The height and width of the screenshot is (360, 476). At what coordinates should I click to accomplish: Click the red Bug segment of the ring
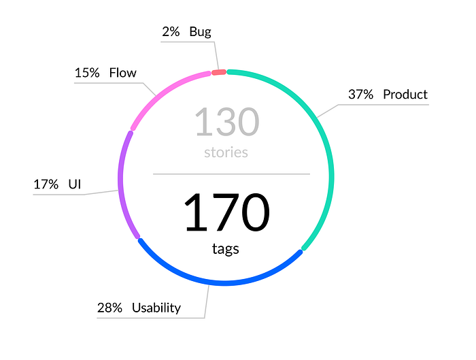tap(219, 72)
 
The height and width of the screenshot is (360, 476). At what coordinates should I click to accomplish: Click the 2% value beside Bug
tap(171, 31)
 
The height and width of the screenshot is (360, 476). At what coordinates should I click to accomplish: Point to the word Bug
tap(200, 32)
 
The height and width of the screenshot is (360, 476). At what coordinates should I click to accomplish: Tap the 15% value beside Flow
tap(87, 73)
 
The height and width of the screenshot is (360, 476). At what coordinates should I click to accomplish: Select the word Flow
tap(122, 73)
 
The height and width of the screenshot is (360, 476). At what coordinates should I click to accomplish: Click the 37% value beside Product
tap(360, 95)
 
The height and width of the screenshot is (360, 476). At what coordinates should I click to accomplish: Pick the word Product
tap(405, 95)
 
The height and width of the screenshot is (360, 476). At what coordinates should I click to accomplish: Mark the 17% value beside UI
tap(46, 184)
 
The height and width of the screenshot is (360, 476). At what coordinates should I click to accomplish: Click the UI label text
tap(75, 184)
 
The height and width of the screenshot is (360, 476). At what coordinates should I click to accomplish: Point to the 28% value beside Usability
tap(109, 308)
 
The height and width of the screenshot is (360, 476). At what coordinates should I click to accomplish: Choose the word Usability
tap(156, 308)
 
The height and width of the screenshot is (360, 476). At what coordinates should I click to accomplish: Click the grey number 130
tap(227, 122)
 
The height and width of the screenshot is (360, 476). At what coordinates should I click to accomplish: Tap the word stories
tap(226, 152)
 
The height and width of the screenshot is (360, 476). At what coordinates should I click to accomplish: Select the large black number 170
tap(227, 212)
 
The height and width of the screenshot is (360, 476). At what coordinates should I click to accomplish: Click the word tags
tap(225, 249)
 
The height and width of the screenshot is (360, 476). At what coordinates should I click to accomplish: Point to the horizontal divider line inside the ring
tap(231, 174)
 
